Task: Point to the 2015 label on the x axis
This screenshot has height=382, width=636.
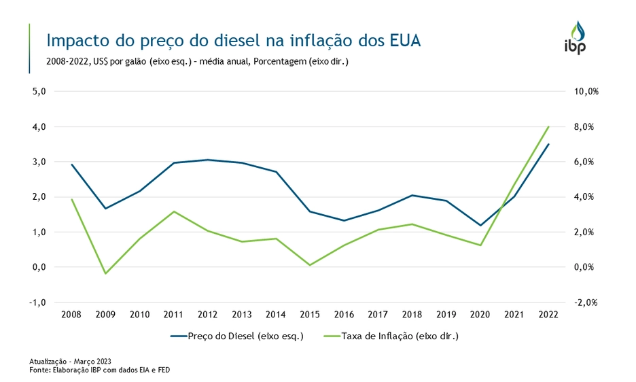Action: [x=310, y=314]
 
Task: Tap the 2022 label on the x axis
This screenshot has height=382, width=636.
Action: [x=548, y=314]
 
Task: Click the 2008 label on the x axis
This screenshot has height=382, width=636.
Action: [x=71, y=314]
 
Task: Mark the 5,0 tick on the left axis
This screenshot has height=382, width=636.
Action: [x=39, y=91]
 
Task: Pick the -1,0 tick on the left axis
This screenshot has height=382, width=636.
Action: [x=38, y=302]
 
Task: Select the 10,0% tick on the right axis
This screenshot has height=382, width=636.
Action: [x=586, y=91]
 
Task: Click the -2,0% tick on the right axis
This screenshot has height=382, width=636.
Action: [x=586, y=302]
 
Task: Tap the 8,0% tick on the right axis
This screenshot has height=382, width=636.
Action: [x=586, y=126]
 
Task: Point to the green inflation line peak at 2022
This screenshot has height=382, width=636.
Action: [x=548, y=126]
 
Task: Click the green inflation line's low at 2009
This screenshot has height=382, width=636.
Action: [x=105, y=273]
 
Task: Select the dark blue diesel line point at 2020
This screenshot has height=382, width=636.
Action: [x=480, y=225]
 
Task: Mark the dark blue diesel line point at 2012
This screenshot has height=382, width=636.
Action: [x=207, y=160]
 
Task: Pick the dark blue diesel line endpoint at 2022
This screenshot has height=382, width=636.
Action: [x=548, y=144]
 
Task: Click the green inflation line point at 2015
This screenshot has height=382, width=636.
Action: [x=310, y=265]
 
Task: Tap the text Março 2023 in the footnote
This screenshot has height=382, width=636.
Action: [x=95, y=361]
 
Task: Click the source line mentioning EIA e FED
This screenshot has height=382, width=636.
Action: [x=100, y=369]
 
